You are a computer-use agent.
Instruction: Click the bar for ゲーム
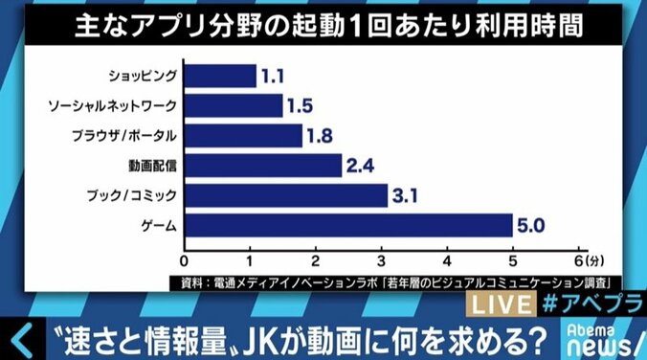point(347,226)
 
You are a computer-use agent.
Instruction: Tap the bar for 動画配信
point(261,166)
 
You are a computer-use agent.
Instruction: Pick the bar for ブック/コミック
point(284,195)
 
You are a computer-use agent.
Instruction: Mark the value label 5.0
point(532,226)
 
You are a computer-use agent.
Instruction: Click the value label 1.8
point(321,136)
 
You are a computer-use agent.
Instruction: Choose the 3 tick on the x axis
point(382,259)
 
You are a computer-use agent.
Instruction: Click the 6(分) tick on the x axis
point(588,259)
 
